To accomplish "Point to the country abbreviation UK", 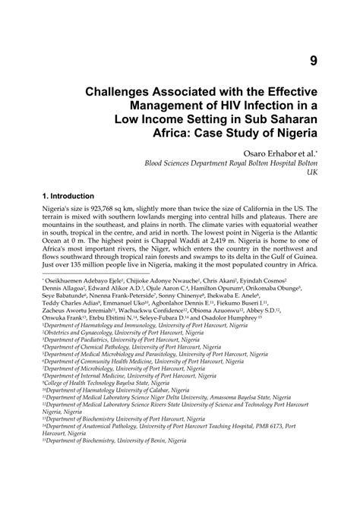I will pos(311,174).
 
